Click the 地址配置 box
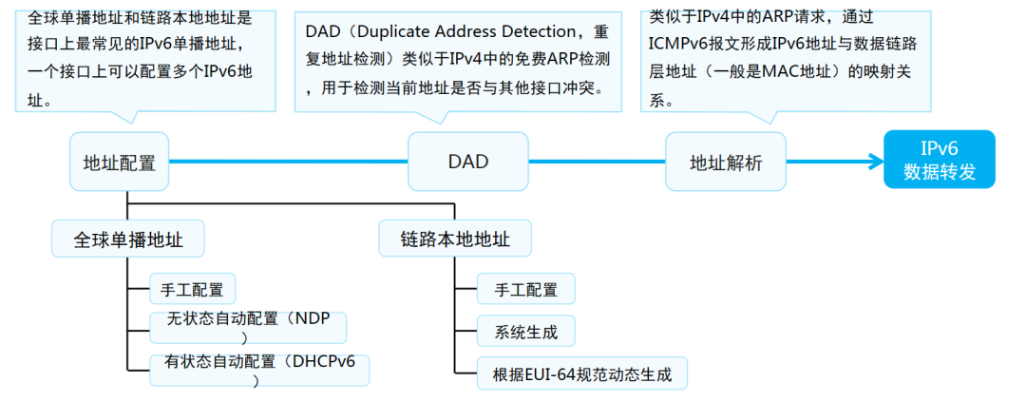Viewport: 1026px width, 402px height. (x=120, y=162)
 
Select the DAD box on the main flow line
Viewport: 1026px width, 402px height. (x=467, y=162)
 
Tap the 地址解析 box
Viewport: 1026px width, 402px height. (x=726, y=163)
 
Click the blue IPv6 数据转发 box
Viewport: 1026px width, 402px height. (x=939, y=160)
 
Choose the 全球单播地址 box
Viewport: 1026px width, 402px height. (x=129, y=239)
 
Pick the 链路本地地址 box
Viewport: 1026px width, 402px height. (x=455, y=239)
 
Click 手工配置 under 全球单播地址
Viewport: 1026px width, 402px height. (x=192, y=289)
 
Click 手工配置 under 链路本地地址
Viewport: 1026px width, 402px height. (x=526, y=289)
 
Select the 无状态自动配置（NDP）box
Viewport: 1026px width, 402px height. (x=247, y=326)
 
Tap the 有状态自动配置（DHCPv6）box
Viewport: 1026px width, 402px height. (x=258, y=369)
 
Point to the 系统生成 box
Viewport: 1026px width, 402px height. (x=525, y=332)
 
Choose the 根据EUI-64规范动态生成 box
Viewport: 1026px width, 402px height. (x=581, y=374)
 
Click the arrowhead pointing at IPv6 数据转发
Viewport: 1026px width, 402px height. (x=874, y=162)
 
